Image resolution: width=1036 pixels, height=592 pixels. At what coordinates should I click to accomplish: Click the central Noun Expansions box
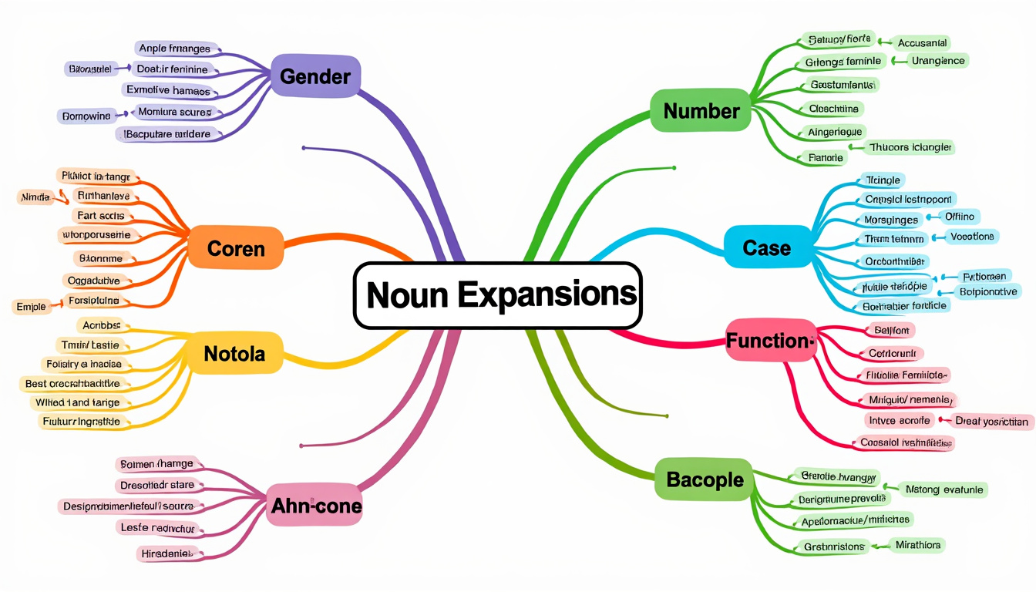point(497,295)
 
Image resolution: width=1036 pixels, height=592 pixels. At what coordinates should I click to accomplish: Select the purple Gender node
point(315,76)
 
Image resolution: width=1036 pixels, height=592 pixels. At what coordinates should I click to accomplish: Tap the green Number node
point(701,111)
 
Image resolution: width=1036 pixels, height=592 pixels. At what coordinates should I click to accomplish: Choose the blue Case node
point(767,247)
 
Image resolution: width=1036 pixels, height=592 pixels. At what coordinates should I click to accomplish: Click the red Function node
point(770,341)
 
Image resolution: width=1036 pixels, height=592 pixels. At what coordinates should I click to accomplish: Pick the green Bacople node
point(705,479)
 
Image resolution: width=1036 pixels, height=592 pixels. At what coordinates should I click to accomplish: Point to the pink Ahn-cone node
point(316,506)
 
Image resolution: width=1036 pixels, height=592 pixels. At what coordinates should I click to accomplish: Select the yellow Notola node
point(234,354)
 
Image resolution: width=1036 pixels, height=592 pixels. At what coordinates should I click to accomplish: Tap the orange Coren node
point(236,248)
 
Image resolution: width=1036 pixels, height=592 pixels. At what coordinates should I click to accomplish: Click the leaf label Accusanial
point(922,43)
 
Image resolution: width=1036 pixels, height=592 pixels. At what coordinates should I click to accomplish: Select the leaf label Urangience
point(937,60)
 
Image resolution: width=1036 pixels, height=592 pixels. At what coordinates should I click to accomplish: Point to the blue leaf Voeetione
point(972,237)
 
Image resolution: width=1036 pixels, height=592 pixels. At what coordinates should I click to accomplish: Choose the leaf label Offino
point(959,217)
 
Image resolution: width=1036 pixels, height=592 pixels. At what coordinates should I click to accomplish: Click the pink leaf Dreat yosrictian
point(991,421)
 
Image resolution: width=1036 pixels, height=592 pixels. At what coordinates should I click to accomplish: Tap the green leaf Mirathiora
point(917,545)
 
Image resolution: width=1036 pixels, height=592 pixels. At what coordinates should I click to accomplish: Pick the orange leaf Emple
point(31,307)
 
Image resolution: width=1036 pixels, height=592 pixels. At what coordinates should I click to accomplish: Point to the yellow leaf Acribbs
point(102,326)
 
